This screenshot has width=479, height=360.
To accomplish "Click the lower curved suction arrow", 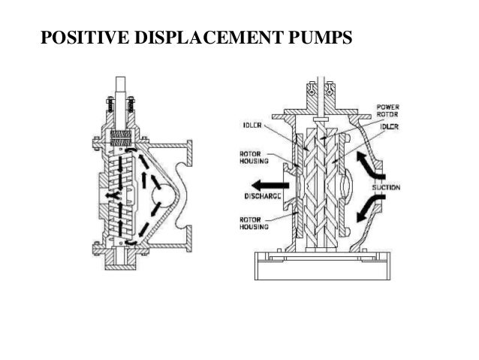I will point(370,206).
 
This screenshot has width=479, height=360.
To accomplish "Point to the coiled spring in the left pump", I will point(122,137).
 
